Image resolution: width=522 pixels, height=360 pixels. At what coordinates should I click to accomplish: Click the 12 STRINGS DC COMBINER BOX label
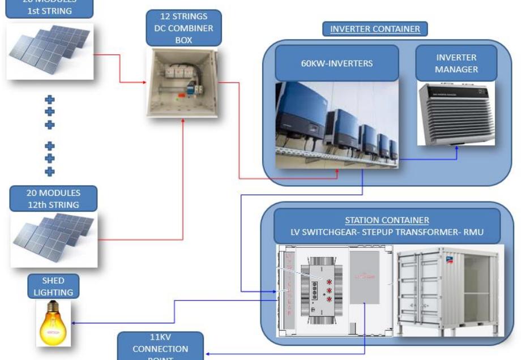coord(183,27)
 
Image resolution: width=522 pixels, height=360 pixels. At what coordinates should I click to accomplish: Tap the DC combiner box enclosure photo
coord(182,83)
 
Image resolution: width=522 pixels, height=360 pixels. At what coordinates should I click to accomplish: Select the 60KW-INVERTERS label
coord(337,63)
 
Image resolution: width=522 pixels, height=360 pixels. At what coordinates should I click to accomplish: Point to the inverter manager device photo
coord(456,112)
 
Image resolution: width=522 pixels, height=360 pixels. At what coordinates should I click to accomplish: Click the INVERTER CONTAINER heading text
coord(374,29)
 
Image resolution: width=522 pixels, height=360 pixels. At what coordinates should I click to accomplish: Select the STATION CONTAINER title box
coord(387,226)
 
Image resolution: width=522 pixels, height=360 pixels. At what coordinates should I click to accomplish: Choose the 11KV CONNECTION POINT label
coord(160,346)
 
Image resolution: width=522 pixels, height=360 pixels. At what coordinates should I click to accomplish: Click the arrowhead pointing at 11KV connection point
coord(208,354)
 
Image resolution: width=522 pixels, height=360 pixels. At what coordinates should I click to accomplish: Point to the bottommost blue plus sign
coord(50,171)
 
